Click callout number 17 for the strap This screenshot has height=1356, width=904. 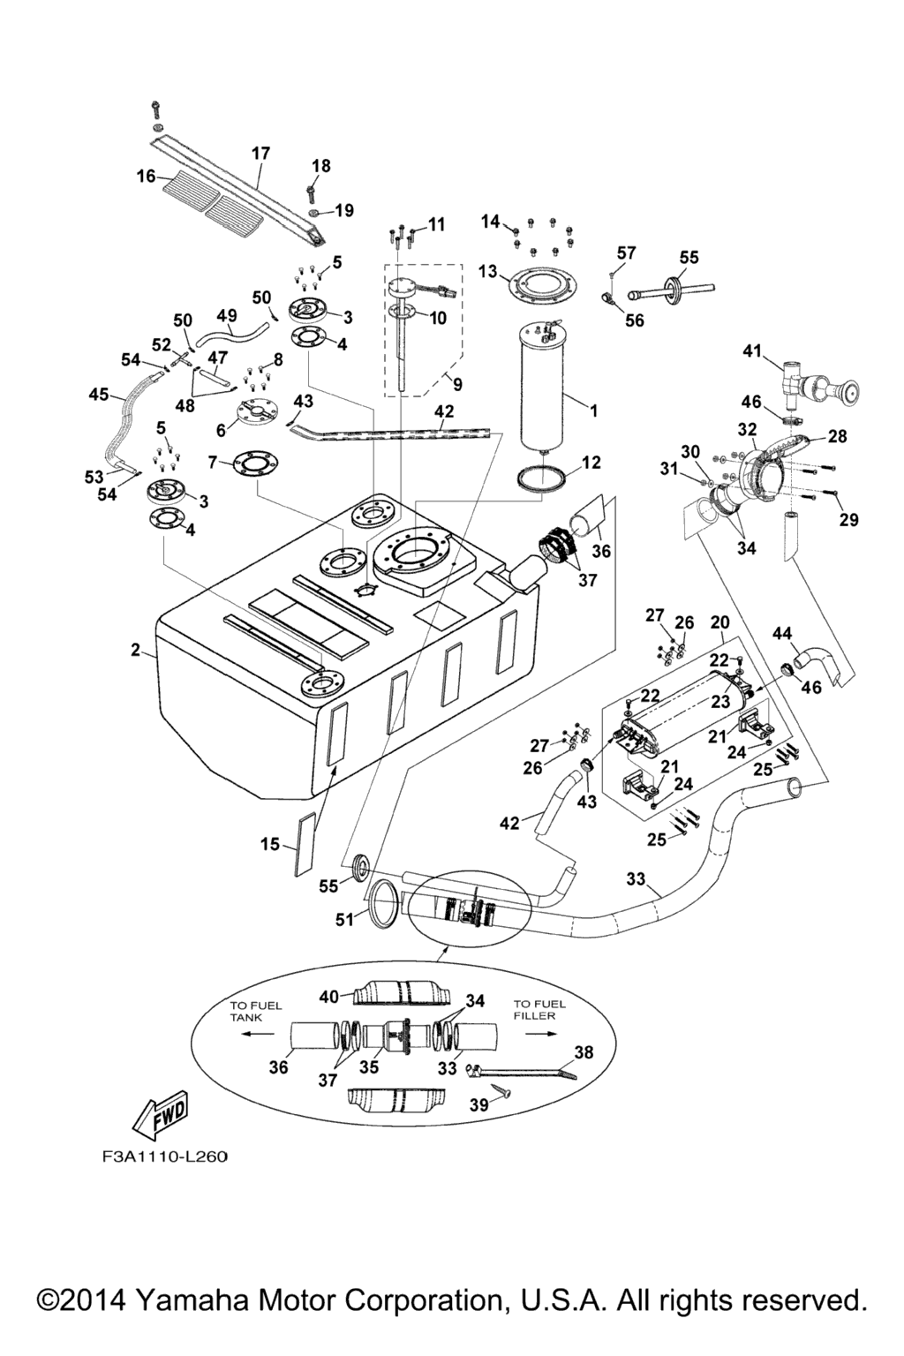(x=261, y=154)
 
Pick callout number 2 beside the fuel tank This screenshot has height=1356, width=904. (x=136, y=651)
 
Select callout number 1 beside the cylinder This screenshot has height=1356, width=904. (x=594, y=411)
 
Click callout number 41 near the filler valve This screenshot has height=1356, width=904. (x=751, y=351)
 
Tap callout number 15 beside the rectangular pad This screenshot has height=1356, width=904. (x=270, y=845)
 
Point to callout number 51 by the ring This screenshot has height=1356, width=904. (x=344, y=920)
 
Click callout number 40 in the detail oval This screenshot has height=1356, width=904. (x=329, y=997)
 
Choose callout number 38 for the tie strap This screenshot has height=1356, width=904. (x=584, y=1052)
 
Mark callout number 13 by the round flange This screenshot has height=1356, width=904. (x=488, y=272)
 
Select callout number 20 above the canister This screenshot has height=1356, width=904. (x=719, y=622)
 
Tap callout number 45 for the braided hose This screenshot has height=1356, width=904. (x=99, y=395)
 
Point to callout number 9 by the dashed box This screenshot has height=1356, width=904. (x=457, y=384)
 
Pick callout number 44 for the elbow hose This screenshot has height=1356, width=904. (x=782, y=633)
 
